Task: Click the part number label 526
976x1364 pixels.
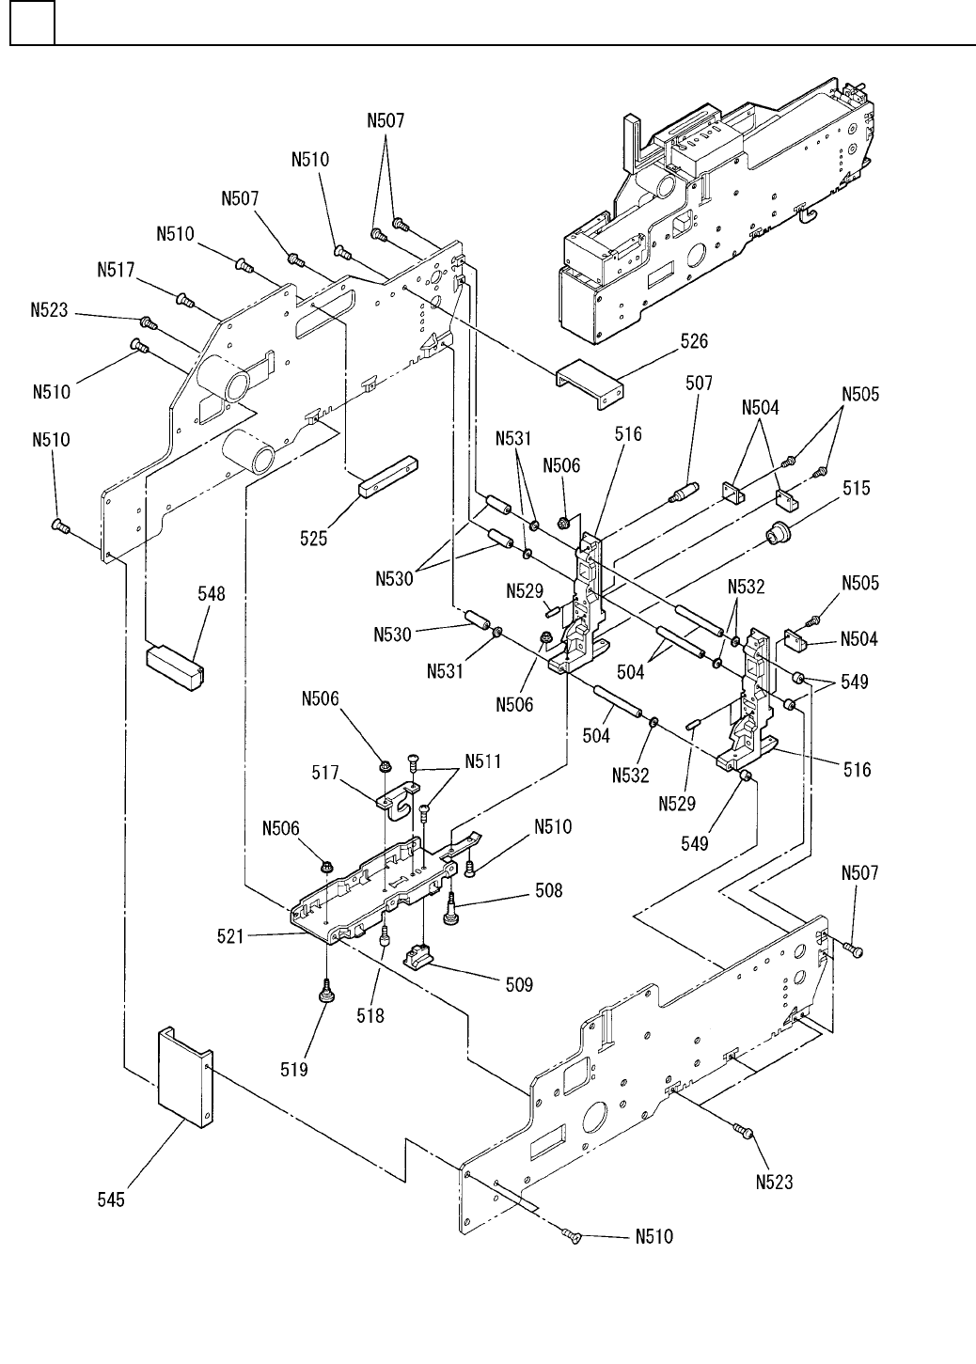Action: (x=695, y=341)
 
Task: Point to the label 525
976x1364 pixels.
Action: (x=314, y=538)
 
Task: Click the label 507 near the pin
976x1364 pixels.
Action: (x=699, y=383)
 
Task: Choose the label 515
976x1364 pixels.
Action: (x=857, y=488)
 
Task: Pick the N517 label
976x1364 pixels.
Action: (x=118, y=269)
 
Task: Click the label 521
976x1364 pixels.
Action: (x=229, y=936)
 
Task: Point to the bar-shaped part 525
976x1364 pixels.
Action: (x=386, y=477)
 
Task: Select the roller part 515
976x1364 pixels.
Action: (x=779, y=534)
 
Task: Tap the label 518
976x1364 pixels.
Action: (x=370, y=1016)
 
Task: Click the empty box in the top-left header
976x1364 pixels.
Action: (x=32, y=24)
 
